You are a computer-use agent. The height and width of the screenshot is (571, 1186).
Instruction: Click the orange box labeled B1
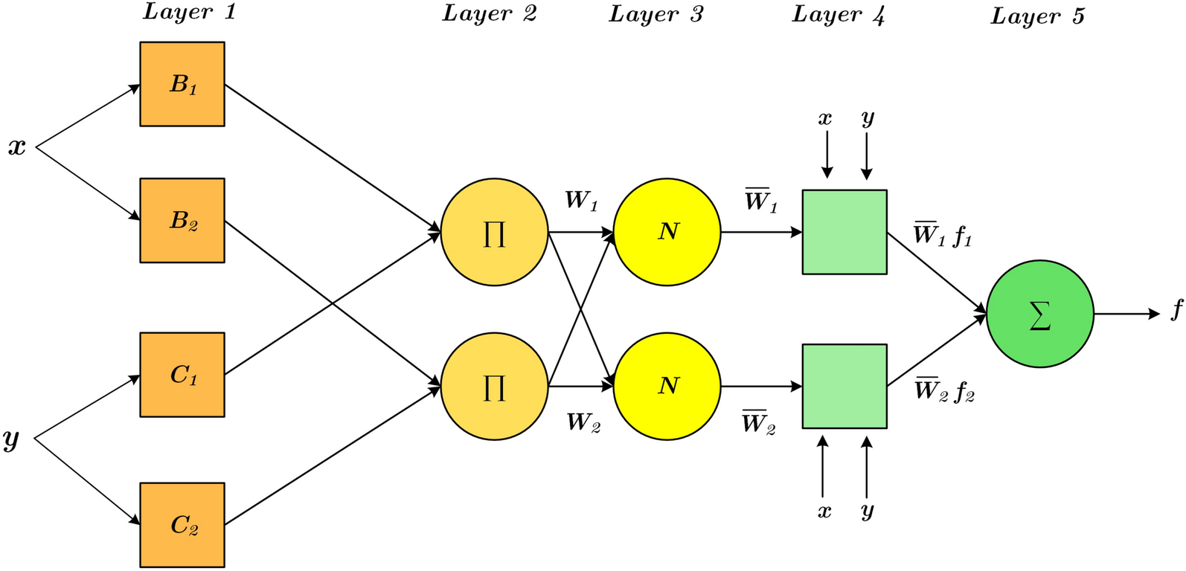pyautogui.click(x=182, y=84)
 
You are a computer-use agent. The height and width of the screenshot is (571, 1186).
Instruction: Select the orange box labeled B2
pyautogui.click(x=182, y=220)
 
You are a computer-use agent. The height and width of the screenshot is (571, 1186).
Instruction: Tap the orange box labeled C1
pyautogui.click(x=182, y=375)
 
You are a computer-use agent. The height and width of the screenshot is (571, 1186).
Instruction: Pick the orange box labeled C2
pyautogui.click(x=182, y=525)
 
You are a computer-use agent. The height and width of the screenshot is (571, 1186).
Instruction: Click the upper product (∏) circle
pyautogui.click(x=495, y=232)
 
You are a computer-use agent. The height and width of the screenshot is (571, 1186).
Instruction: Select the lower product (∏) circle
pyautogui.click(x=495, y=387)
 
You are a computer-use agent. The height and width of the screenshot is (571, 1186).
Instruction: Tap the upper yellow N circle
pyautogui.click(x=667, y=232)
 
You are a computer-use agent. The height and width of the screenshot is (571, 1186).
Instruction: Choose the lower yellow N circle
pyautogui.click(x=667, y=387)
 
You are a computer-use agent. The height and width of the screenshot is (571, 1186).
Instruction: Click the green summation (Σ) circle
pyautogui.click(x=1040, y=314)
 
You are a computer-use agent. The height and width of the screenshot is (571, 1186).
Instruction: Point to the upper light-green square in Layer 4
pyautogui.click(x=844, y=232)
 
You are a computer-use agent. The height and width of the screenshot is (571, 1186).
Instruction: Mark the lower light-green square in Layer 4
pyautogui.click(x=844, y=387)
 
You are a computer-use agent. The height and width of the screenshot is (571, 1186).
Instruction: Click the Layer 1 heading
pyautogui.click(x=189, y=12)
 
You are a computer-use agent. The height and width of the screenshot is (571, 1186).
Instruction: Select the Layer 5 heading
pyautogui.click(x=1038, y=16)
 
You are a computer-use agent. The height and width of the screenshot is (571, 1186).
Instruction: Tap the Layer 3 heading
pyautogui.click(x=656, y=14)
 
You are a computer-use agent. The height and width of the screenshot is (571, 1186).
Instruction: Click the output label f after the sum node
pyautogui.click(x=1176, y=309)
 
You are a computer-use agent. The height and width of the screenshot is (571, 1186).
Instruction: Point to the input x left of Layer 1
pyautogui.click(x=17, y=148)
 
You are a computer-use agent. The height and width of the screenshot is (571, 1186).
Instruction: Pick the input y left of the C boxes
pyautogui.click(x=11, y=439)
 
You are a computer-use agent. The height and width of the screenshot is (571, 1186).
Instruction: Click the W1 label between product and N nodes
pyautogui.click(x=581, y=201)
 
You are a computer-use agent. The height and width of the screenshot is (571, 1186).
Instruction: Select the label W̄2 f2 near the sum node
pyautogui.click(x=945, y=390)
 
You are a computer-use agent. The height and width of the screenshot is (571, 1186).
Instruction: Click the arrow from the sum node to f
pyautogui.click(x=1127, y=314)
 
